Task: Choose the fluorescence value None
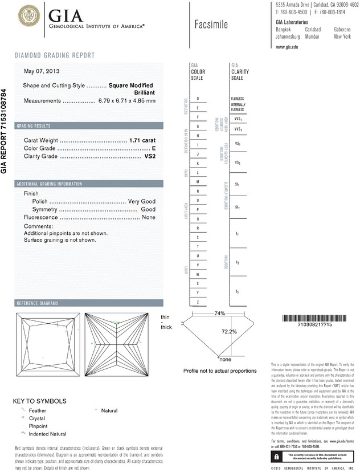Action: pos(149,218)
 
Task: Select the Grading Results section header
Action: pos(34,125)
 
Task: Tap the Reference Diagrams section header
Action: pos(38,302)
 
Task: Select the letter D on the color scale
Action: pos(197,99)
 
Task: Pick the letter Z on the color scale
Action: pos(197,302)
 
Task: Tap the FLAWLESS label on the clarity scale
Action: pos(238,99)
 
